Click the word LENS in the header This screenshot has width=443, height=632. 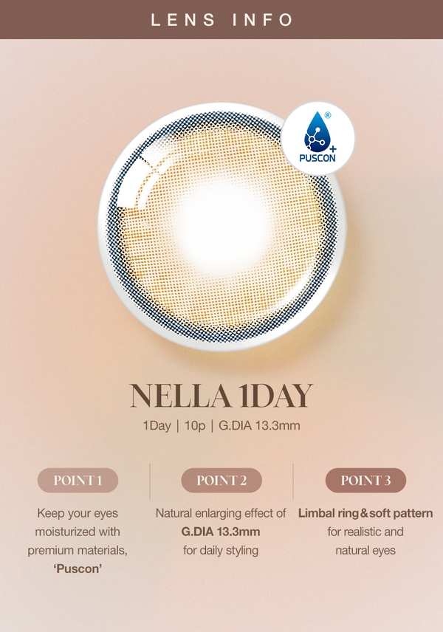[183, 20]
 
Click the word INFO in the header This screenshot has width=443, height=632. [262, 20]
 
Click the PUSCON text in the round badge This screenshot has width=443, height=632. [317, 158]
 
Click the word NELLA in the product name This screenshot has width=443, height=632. [180, 396]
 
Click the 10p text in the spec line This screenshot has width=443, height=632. [195, 425]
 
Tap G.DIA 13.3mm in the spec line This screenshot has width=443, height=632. [259, 425]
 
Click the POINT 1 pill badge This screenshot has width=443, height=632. [78, 481]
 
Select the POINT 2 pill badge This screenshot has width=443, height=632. [221, 481]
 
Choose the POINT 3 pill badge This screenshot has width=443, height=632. [365, 481]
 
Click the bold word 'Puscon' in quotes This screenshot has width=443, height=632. [78, 569]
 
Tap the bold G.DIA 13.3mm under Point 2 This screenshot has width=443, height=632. [221, 532]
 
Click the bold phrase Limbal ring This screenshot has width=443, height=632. [329, 514]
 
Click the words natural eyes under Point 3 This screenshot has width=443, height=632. [365, 551]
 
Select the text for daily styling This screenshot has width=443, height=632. [221, 551]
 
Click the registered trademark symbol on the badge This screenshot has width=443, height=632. [328, 115]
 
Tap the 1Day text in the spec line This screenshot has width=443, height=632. [157, 425]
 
